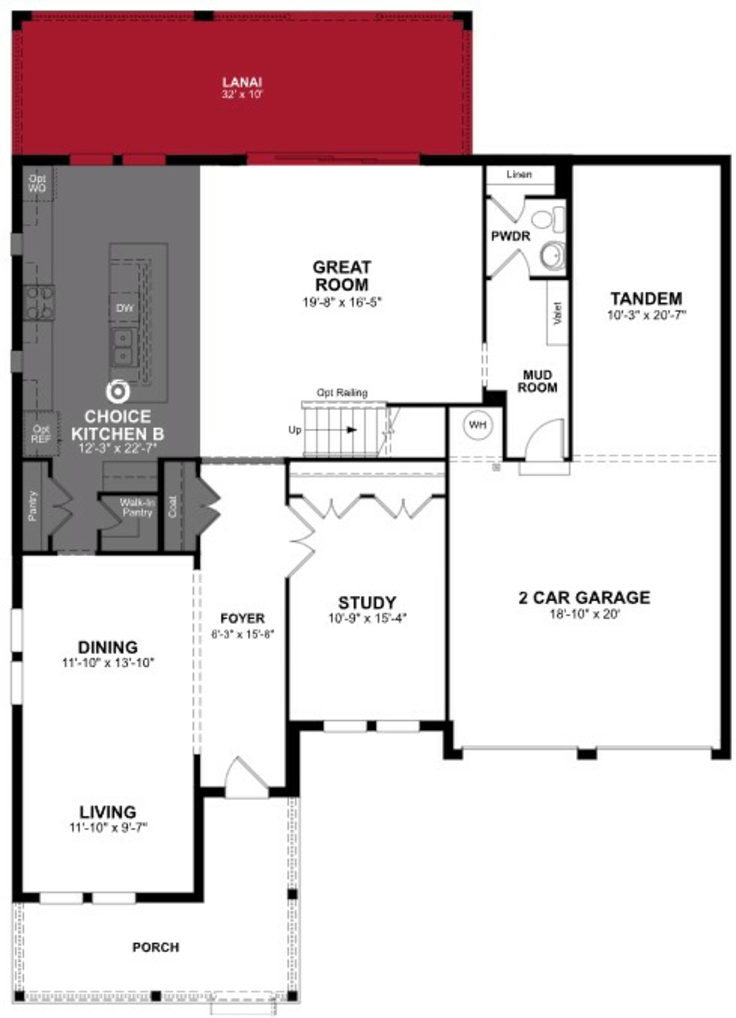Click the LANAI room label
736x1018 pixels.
[x=242, y=83]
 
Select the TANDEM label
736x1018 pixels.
[x=646, y=298]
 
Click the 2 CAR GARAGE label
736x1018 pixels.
[x=584, y=597]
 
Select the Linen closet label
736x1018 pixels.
[x=519, y=175]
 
